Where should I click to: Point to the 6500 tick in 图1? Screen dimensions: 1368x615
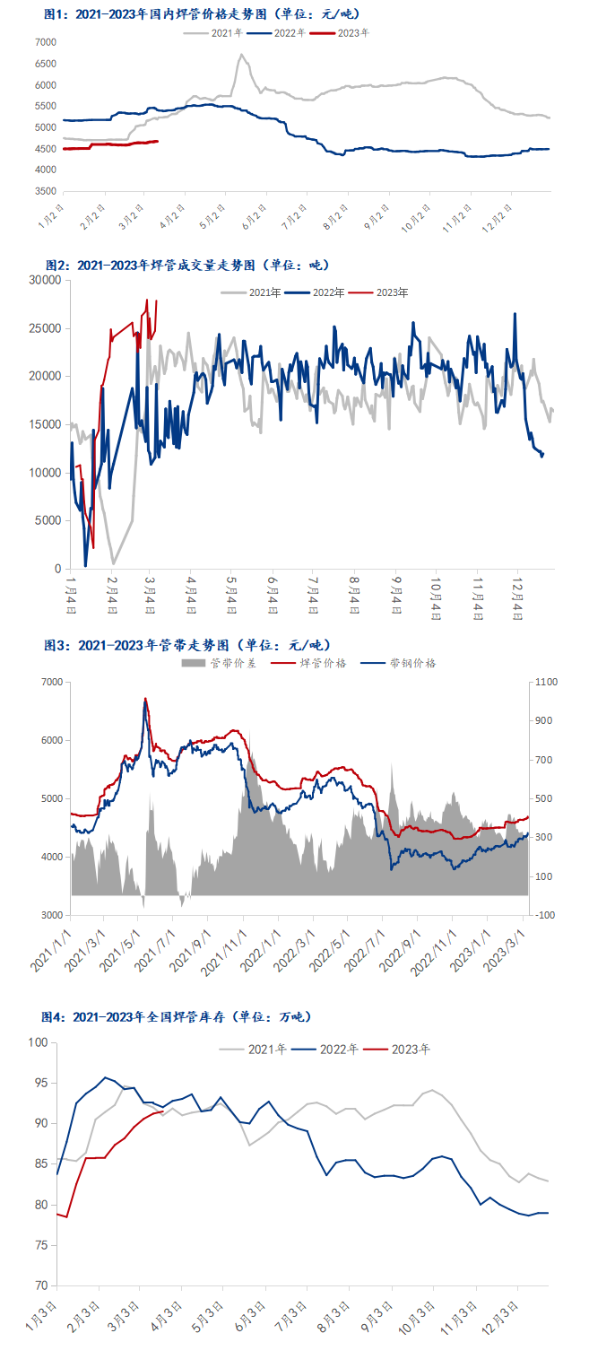pyautogui.click(x=45, y=64)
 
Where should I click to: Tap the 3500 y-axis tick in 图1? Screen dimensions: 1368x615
pyautogui.click(x=45, y=192)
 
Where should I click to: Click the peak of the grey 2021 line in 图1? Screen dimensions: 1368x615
pyautogui.click(x=241, y=55)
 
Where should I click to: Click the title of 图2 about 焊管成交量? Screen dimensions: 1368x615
pyautogui.click(x=187, y=265)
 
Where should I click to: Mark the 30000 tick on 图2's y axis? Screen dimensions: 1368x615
pyautogui.click(x=45, y=280)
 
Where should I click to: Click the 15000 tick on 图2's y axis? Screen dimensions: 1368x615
pyautogui.click(x=45, y=424)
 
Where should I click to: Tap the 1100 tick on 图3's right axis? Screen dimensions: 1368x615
pyautogui.click(x=547, y=682)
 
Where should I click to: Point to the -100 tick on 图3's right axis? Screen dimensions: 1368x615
pyautogui.click(x=546, y=915)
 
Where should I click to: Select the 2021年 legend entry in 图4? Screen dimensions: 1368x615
pyautogui.click(x=264, y=1049)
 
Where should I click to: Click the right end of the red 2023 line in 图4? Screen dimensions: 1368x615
pyautogui.click(x=162, y=1111)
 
